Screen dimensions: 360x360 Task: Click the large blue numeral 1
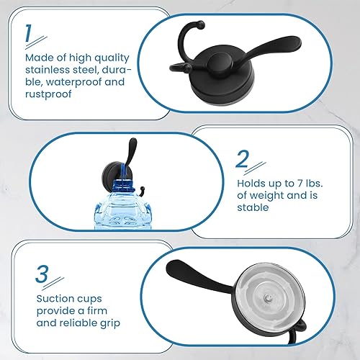(x=28, y=34)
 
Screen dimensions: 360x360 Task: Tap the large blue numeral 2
(x=242, y=159)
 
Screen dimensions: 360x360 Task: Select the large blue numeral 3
(x=42, y=274)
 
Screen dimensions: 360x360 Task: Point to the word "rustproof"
(x=48, y=94)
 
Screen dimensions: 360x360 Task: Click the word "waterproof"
(x=73, y=82)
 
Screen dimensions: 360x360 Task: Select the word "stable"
(x=253, y=207)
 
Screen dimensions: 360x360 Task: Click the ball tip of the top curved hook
(x=201, y=24)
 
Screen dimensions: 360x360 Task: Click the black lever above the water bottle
(x=130, y=153)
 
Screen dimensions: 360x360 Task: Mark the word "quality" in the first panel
(x=112, y=58)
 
